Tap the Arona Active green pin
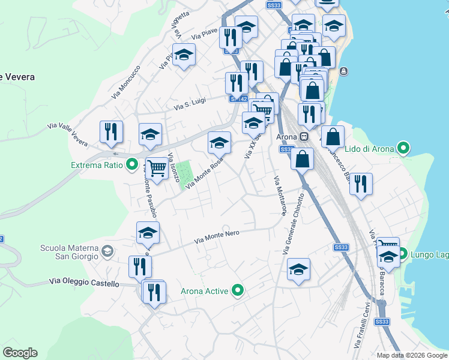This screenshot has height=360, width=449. [x=238, y=291]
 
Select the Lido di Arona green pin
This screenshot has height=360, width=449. [x=404, y=148]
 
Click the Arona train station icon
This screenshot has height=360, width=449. [x=304, y=137]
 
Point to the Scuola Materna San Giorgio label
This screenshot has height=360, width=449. [x=68, y=252]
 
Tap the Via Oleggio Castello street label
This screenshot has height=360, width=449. [x=84, y=283]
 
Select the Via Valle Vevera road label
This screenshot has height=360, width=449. [x=67, y=133]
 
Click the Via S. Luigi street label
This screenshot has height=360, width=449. [x=190, y=104]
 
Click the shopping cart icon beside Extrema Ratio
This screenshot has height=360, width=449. [x=157, y=167]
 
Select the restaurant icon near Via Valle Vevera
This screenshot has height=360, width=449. [x=111, y=132]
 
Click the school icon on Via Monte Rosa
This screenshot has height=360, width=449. [x=220, y=143]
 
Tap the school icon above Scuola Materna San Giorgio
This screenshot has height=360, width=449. [x=147, y=233]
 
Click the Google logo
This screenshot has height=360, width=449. [x=20, y=353]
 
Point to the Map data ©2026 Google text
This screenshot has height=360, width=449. [x=412, y=355]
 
